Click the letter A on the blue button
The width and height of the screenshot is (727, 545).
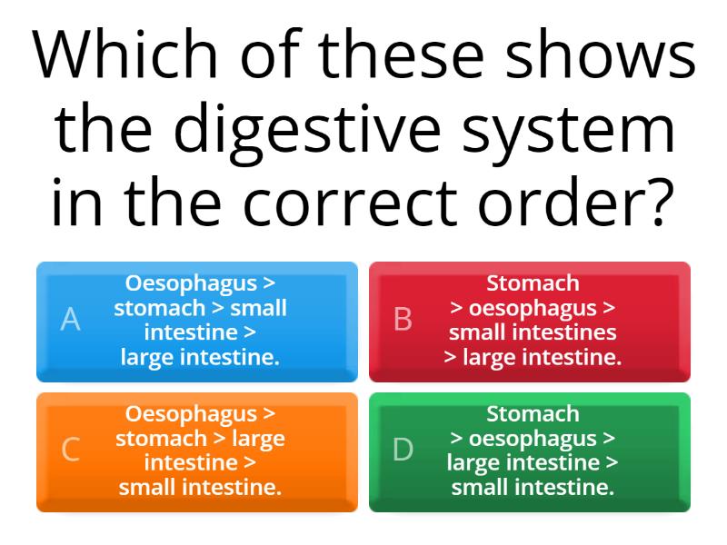70,320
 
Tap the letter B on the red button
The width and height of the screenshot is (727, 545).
403,320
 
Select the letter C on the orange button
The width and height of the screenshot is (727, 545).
70,450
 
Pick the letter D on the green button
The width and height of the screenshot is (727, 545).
403,450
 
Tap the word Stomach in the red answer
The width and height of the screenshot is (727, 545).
533,283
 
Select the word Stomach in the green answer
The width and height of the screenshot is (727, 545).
533,414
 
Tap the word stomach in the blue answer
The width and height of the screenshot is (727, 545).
159,308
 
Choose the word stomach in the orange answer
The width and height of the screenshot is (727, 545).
161,439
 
